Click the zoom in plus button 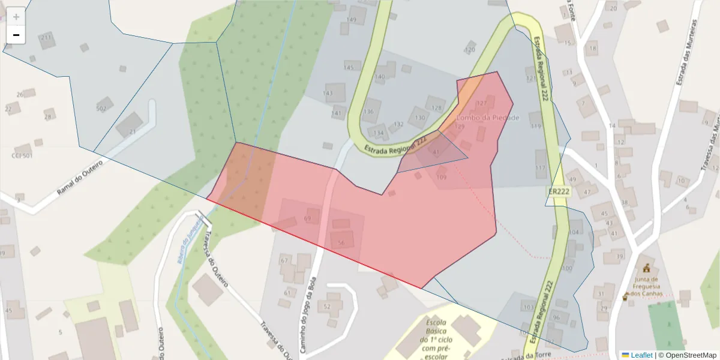pos(16,17)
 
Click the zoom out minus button pos(16,35)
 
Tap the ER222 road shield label pos(559,191)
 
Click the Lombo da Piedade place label pos(488,118)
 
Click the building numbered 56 pos(341,242)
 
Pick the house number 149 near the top pos(352,20)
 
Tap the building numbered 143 pos(329,93)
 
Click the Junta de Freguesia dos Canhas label pos(646,287)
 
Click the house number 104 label pos(575,232)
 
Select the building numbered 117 pos(541,167)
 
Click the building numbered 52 pos(328,306)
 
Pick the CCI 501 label pos(22,155)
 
